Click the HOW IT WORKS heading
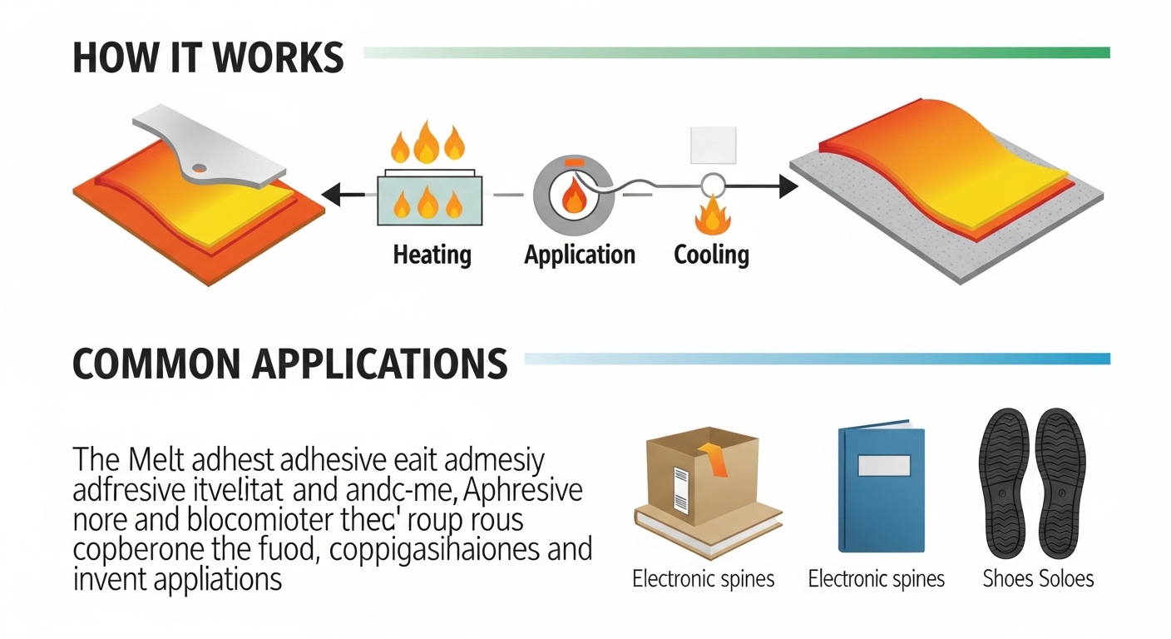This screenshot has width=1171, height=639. pyautogui.click(x=208, y=58)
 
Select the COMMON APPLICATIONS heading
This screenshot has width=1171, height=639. pyautogui.click(x=289, y=364)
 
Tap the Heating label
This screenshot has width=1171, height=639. pyautogui.click(x=432, y=255)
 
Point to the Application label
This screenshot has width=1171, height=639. pyautogui.click(x=580, y=255)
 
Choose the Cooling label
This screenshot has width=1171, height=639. pyautogui.click(x=711, y=255)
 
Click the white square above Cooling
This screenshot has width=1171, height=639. pyautogui.click(x=714, y=146)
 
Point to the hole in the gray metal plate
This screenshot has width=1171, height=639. pyautogui.click(x=200, y=169)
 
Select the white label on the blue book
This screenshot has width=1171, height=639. pyautogui.click(x=884, y=466)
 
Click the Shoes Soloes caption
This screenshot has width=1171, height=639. pyautogui.click(x=1038, y=579)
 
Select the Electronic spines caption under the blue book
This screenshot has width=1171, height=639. pyautogui.click(x=877, y=579)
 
